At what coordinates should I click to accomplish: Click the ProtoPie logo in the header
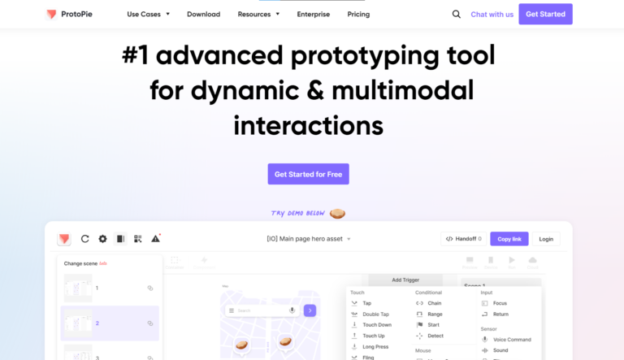pyautogui.click(x=68, y=14)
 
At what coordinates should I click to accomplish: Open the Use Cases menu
pyautogui.click(x=148, y=14)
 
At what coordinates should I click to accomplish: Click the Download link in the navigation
pyautogui.click(x=203, y=14)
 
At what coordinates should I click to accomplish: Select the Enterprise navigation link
pyautogui.click(x=313, y=14)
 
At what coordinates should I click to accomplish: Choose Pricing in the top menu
pyautogui.click(x=358, y=14)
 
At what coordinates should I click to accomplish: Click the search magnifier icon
pyautogui.click(x=456, y=14)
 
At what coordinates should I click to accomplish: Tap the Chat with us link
pyautogui.click(x=492, y=14)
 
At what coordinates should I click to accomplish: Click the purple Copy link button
pyautogui.click(x=509, y=239)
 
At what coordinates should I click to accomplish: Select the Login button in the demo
pyautogui.click(x=546, y=239)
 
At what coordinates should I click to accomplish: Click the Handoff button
pyautogui.click(x=464, y=239)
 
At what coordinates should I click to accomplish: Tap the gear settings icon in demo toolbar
pyautogui.click(x=102, y=239)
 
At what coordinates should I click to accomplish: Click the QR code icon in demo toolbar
pyautogui.click(x=138, y=239)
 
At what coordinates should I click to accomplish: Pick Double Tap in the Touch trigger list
pyautogui.click(x=375, y=314)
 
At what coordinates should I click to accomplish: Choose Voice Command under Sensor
pyautogui.click(x=511, y=340)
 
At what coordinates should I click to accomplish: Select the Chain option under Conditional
pyautogui.click(x=434, y=303)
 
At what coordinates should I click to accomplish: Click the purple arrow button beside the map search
pyautogui.click(x=310, y=310)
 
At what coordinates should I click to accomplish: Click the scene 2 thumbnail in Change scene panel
pyautogui.click(x=79, y=323)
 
